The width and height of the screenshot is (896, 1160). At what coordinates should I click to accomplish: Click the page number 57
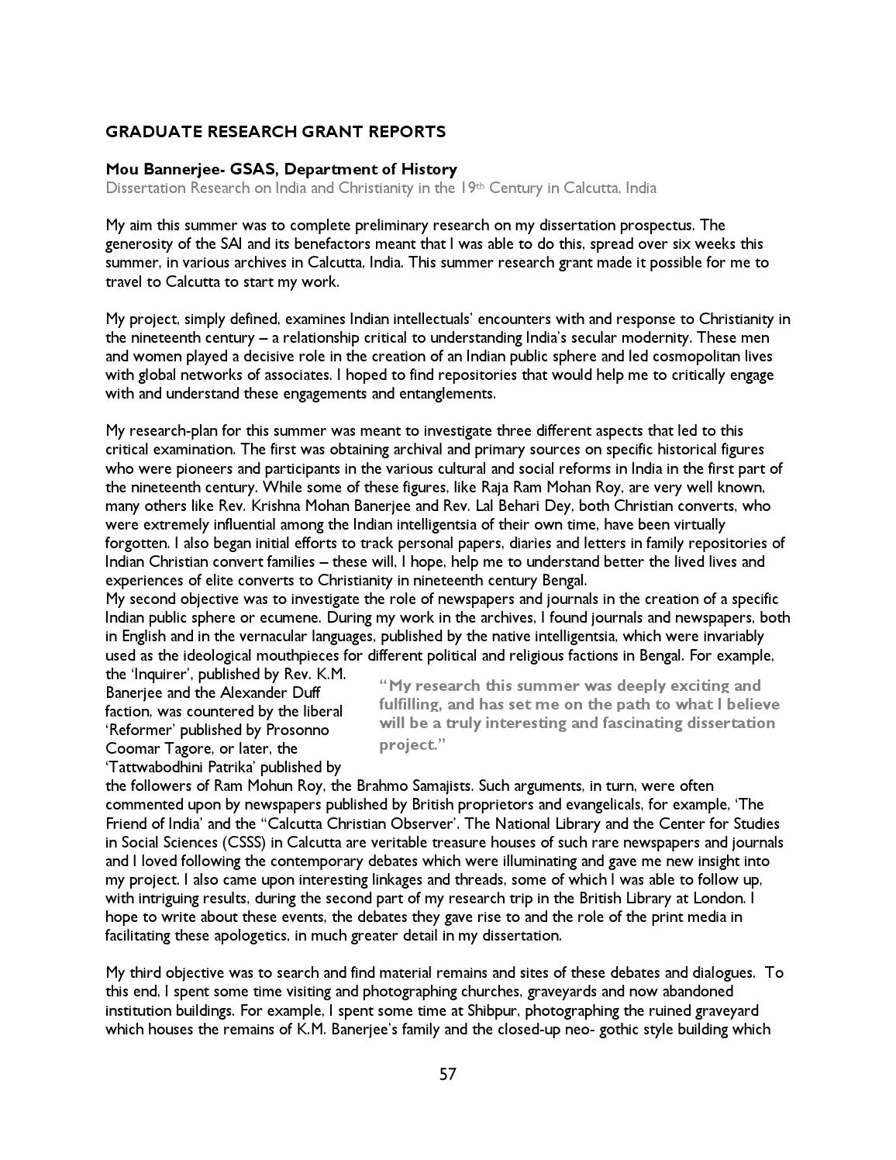447,1074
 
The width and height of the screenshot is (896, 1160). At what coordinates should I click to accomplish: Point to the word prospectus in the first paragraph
655,226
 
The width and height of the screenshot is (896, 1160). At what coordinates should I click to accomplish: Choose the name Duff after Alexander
305,692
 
